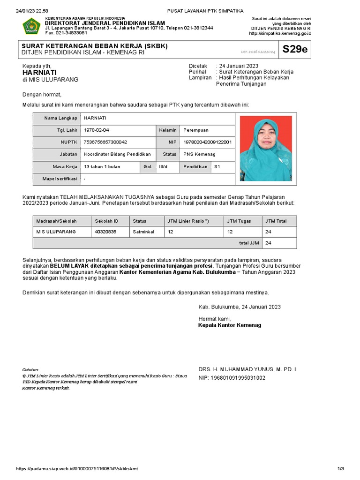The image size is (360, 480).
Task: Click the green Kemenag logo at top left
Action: click(32, 26)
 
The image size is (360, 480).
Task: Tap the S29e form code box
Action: click(295, 50)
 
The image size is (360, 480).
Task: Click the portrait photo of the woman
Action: click(265, 148)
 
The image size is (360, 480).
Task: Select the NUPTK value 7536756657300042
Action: click(105, 142)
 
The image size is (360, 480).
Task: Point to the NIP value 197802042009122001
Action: click(207, 142)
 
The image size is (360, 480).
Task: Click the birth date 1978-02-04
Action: click(97, 129)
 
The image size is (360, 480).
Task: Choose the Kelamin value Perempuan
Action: click(196, 129)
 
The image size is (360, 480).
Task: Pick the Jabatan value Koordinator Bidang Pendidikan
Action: click(117, 154)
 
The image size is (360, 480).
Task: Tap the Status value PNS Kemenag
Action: click(199, 154)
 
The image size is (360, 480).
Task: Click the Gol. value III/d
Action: click(163, 166)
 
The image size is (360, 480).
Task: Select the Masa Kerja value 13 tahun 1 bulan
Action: click(102, 166)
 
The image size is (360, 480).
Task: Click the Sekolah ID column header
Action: click(106, 221)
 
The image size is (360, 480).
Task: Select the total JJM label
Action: click(249, 243)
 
